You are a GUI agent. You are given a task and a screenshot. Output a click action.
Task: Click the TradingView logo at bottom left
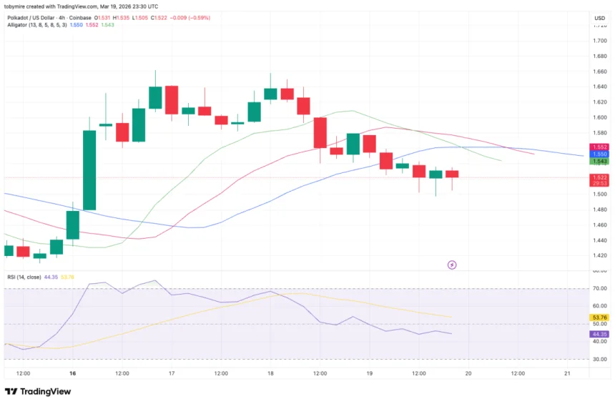(36, 391)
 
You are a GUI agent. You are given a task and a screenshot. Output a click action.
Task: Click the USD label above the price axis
(599, 18)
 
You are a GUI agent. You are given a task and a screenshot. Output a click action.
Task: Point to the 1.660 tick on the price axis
(599, 72)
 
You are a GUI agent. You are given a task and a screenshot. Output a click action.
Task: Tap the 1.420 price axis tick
(599, 255)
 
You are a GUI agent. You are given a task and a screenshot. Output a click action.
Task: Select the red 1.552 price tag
(599, 147)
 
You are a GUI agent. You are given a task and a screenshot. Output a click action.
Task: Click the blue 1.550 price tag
(599, 154)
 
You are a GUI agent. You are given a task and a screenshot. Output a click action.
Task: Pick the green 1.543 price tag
(599, 162)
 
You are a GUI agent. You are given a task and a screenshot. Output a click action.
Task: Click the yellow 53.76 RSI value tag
(599, 317)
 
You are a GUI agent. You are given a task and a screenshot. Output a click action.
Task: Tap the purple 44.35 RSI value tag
(599, 334)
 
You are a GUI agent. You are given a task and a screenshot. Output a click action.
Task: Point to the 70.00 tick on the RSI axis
(599, 289)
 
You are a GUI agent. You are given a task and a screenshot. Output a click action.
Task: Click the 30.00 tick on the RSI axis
(599, 359)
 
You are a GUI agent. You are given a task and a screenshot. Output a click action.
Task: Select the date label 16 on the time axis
(73, 373)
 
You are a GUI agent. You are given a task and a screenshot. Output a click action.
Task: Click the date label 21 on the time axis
(567, 373)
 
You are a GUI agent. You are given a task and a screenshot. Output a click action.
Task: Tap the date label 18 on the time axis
(270, 373)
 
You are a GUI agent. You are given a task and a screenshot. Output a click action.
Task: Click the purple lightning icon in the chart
(452, 265)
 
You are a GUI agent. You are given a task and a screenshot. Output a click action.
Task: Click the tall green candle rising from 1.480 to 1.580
(89, 170)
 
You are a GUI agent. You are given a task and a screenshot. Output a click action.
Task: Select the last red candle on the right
(452, 174)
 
